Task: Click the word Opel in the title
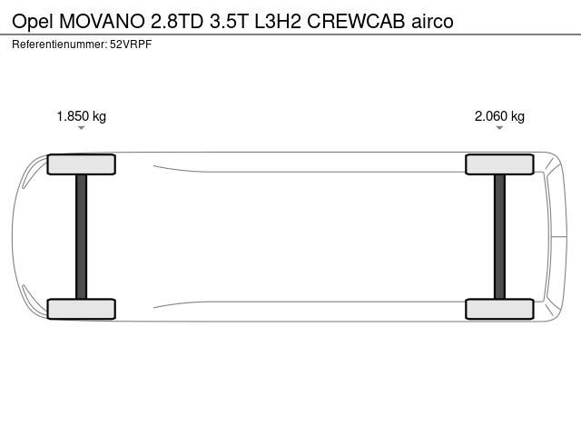coord(33,22)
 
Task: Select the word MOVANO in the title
coord(103,22)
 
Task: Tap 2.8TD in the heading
coord(177,22)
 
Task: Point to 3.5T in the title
coord(229,22)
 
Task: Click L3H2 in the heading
coord(278,22)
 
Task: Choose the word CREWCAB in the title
coord(356,22)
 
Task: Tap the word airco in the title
coord(432,22)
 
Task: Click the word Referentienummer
coord(60,45)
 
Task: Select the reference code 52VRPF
coord(131,45)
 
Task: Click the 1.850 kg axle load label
coord(81,116)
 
